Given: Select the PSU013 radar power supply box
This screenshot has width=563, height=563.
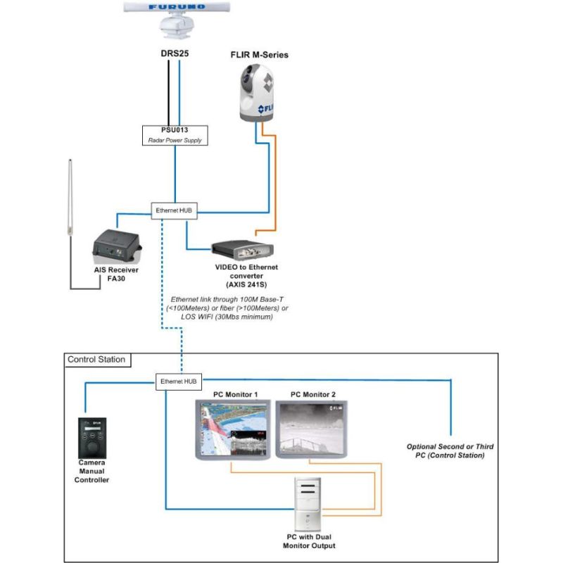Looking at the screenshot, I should (x=175, y=134).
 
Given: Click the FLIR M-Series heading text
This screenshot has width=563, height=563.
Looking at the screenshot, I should (x=259, y=54).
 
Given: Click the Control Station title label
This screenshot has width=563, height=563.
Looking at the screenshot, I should (x=96, y=360).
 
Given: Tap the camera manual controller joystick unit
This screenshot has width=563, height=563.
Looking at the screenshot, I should (x=92, y=438).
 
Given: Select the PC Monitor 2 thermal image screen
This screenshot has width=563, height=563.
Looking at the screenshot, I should (x=311, y=428).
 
